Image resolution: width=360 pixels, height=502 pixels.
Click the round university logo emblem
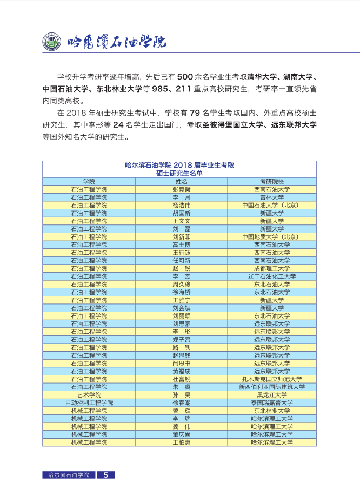click(x=52, y=41)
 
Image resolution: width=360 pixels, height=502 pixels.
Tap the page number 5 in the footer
click(x=105, y=475)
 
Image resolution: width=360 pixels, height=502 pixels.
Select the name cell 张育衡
click(x=181, y=189)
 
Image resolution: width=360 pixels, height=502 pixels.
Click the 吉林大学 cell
click(x=272, y=197)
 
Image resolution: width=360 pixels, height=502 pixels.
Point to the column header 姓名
click(x=181, y=182)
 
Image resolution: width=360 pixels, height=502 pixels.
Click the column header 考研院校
click(x=272, y=182)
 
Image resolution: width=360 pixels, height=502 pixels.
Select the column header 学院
click(x=89, y=182)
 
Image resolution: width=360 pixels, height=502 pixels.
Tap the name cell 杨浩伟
click(x=181, y=206)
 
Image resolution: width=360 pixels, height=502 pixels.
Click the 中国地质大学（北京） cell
click(x=272, y=237)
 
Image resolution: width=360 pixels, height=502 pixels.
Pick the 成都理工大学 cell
click(x=272, y=268)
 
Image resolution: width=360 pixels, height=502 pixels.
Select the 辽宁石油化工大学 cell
click(x=272, y=276)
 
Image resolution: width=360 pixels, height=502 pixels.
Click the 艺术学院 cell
click(x=89, y=395)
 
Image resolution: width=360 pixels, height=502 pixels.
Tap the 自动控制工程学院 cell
click(x=89, y=403)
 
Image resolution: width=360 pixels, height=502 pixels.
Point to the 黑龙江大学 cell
click(x=272, y=395)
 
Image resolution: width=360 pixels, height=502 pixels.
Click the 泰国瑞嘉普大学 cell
click(x=272, y=403)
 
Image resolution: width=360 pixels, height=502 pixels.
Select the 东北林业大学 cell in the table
click(x=272, y=411)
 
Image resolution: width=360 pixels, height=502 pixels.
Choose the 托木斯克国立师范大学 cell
click(x=272, y=379)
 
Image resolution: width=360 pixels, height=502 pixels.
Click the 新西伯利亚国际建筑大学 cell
click(x=272, y=387)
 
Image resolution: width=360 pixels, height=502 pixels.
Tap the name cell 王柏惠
click(x=181, y=442)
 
